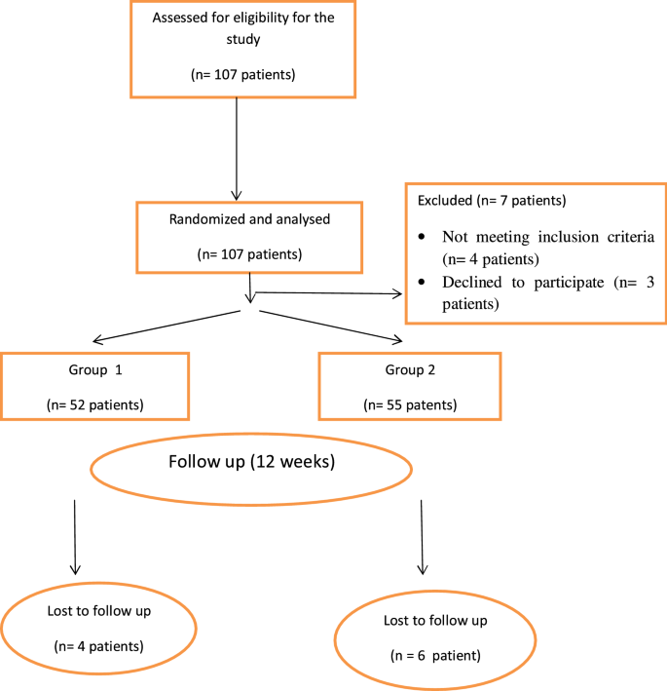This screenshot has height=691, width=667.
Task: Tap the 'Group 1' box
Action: [94, 387]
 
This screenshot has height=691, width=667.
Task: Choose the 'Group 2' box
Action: [410, 387]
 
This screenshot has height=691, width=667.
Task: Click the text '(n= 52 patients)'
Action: [94, 403]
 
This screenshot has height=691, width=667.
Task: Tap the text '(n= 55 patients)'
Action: [409, 403]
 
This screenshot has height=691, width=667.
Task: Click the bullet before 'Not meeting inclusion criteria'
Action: [421, 237]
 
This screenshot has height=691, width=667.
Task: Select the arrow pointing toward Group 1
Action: [166, 326]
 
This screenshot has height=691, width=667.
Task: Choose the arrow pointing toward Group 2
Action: [331, 326]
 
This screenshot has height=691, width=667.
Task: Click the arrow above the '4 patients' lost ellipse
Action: [75, 536]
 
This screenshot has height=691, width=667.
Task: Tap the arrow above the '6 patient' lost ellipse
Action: [422, 536]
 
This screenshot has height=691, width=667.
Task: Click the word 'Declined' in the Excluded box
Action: [472, 284]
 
